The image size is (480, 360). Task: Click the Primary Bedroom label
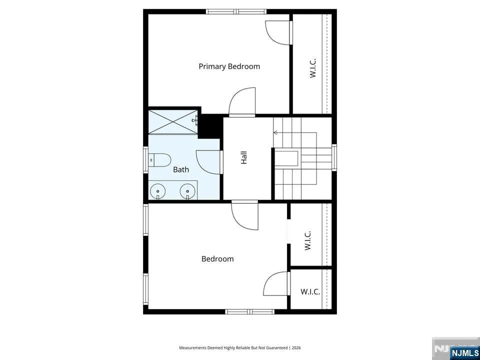[229, 66]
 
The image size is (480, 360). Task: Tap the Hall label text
[243, 158]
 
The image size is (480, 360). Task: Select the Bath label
[181, 169]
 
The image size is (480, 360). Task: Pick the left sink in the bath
[157, 191]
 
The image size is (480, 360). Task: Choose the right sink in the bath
[187, 191]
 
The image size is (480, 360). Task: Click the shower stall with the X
[173, 122]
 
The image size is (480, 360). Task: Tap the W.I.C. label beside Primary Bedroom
[312, 68]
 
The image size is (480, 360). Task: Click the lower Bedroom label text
[217, 259]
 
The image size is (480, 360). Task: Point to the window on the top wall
[236, 11]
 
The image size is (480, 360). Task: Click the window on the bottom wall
[250, 311]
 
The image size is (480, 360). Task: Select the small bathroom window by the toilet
[145, 159]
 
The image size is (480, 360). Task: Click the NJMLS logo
[456, 348]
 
